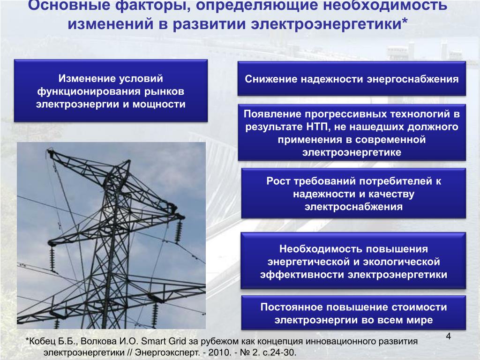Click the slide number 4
point(449,336)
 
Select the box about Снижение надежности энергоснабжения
point(352,79)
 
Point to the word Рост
point(278,181)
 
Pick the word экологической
point(401,262)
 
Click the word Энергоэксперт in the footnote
point(167,352)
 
